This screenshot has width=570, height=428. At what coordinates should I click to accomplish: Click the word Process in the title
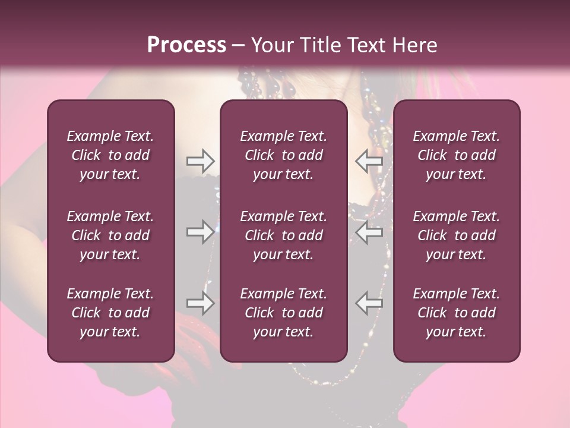coord(186,45)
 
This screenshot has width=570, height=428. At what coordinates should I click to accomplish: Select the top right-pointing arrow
coord(200,160)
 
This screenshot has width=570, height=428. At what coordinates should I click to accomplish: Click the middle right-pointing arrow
coord(200,231)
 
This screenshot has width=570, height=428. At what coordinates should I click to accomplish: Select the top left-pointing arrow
coord(369,160)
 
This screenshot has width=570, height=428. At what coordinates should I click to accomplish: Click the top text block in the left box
coord(110,155)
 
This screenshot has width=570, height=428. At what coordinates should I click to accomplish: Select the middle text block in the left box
coord(110,235)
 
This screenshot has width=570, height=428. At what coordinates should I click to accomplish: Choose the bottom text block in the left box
coord(110,313)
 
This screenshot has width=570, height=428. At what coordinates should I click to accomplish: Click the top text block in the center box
coord(284,155)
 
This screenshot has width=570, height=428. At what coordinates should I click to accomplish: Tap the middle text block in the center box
coord(284,235)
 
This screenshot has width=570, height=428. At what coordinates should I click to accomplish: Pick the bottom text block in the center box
coord(284,313)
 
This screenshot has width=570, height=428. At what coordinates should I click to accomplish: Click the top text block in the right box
coord(457,155)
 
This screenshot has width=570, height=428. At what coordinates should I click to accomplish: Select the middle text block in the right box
coord(457,235)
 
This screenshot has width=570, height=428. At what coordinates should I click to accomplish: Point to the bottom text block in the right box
coord(457,313)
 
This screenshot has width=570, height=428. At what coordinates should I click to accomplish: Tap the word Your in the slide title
coord(270,45)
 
